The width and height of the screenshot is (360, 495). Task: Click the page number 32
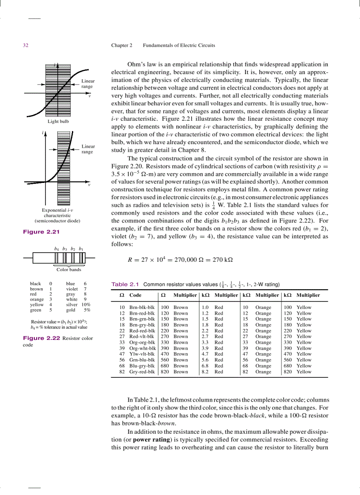(x=26, y=45)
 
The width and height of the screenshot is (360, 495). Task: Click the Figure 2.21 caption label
(x=41, y=232)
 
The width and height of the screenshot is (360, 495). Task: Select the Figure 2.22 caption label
(x=41, y=339)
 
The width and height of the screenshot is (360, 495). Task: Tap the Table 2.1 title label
(x=125, y=284)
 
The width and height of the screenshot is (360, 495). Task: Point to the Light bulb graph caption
(x=58, y=121)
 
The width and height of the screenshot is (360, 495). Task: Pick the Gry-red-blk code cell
(x=142, y=372)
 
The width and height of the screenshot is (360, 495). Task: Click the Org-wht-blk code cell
(x=142, y=348)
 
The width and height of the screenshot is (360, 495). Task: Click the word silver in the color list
(x=71, y=305)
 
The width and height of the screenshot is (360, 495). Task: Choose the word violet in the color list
(x=72, y=289)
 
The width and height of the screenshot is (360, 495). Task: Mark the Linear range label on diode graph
(x=88, y=149)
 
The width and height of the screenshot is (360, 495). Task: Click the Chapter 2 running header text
(x=122, y=45)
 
